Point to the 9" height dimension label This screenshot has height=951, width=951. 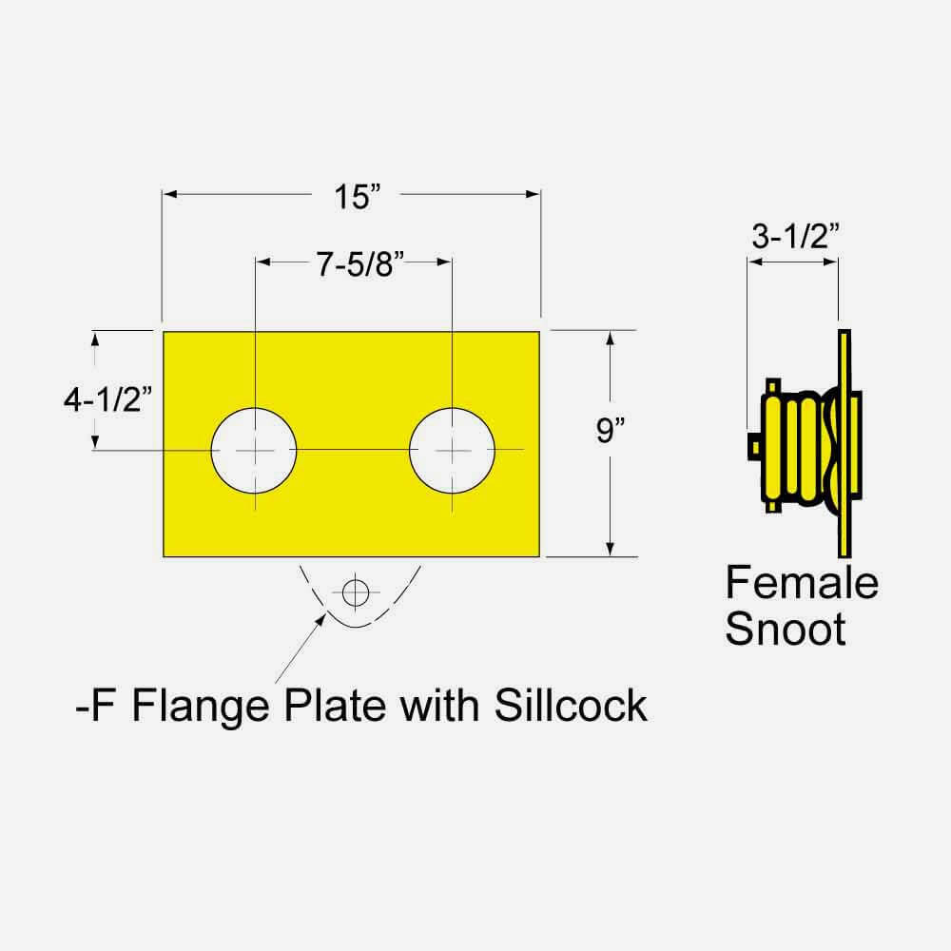(x=610, y=432)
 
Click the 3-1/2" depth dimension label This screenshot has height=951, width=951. (x=794, y=237)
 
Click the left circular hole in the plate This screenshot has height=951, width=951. (x=254, y=449)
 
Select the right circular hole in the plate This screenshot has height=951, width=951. (x=452, y=449)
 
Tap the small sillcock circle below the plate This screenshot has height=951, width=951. (x=356, y=592)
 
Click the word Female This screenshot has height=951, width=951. (x=802, y=582)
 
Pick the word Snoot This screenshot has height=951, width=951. (x=786, y=629)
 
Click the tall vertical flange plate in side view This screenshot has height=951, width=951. (x=844, y=444)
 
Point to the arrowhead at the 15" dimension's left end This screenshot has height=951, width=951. (x=169, y=194)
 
